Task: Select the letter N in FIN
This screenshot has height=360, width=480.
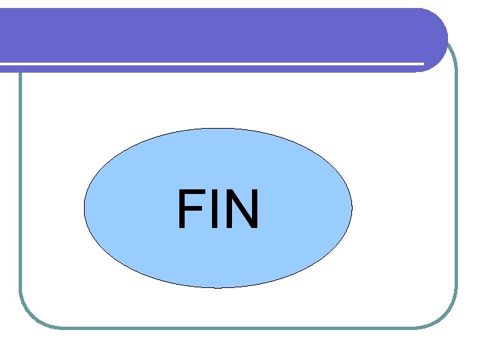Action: click(x=239, y=209)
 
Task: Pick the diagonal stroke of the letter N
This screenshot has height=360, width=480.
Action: click(x=239, y=209)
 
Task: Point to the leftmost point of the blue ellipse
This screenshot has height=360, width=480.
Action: click(x=84, y=208)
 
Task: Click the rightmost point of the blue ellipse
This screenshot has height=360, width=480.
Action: click(x=352, y=208)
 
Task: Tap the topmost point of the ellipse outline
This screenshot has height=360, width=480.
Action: click(x=218, y=128)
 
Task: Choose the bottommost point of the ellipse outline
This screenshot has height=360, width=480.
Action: click(x=218, y=288)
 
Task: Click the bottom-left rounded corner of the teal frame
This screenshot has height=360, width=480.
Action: click(x=29, y=317)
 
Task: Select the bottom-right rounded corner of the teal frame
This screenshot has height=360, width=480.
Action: click(x=447, y=317)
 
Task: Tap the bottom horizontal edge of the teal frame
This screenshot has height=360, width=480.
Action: click(x=240, y=327)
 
